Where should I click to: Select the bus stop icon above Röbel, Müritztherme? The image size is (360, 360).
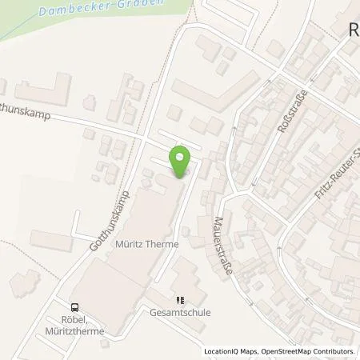75,306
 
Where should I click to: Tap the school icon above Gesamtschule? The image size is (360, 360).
180,301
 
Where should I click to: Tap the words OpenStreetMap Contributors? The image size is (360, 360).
314,351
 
